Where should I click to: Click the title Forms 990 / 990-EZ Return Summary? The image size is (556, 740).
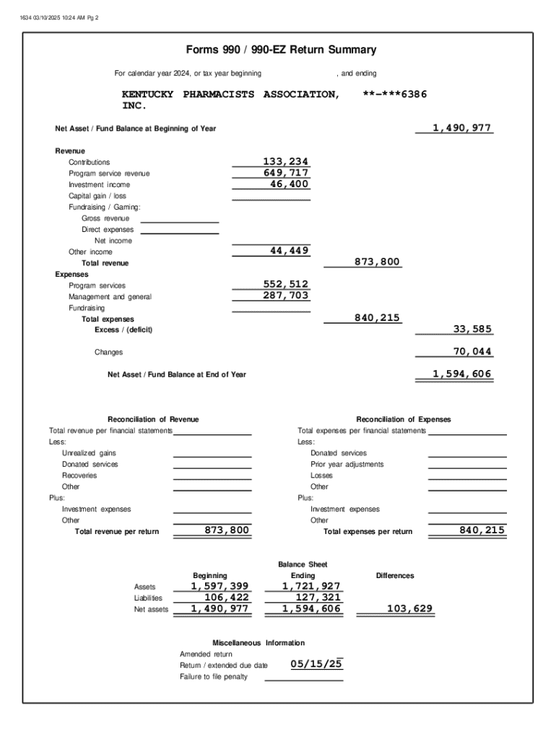(281, 50)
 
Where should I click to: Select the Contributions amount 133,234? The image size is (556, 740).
(285, 162)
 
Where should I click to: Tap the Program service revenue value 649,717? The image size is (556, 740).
(285, 173)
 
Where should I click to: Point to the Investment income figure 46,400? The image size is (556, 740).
(289, 184)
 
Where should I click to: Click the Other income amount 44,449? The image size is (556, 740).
(289, 251)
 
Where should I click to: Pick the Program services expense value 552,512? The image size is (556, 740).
(285, 285)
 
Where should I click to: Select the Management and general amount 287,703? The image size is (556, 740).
(285, 296)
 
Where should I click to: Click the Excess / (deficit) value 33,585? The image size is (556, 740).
(472, 330)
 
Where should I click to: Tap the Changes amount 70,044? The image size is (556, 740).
(472, 352)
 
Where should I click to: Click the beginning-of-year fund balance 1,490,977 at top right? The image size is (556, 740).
(462, 128)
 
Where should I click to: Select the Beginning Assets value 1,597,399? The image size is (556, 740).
(220, 586)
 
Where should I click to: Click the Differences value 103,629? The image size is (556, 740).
(409, 608)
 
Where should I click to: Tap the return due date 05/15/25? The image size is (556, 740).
(316, 664)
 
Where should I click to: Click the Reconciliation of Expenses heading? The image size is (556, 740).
(403, 419)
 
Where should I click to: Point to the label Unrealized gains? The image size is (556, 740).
(89, 453)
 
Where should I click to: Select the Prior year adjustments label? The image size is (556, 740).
(347, 464)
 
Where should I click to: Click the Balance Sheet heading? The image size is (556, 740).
(303, 564)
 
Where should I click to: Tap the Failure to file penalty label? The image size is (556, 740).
(213, 676)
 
